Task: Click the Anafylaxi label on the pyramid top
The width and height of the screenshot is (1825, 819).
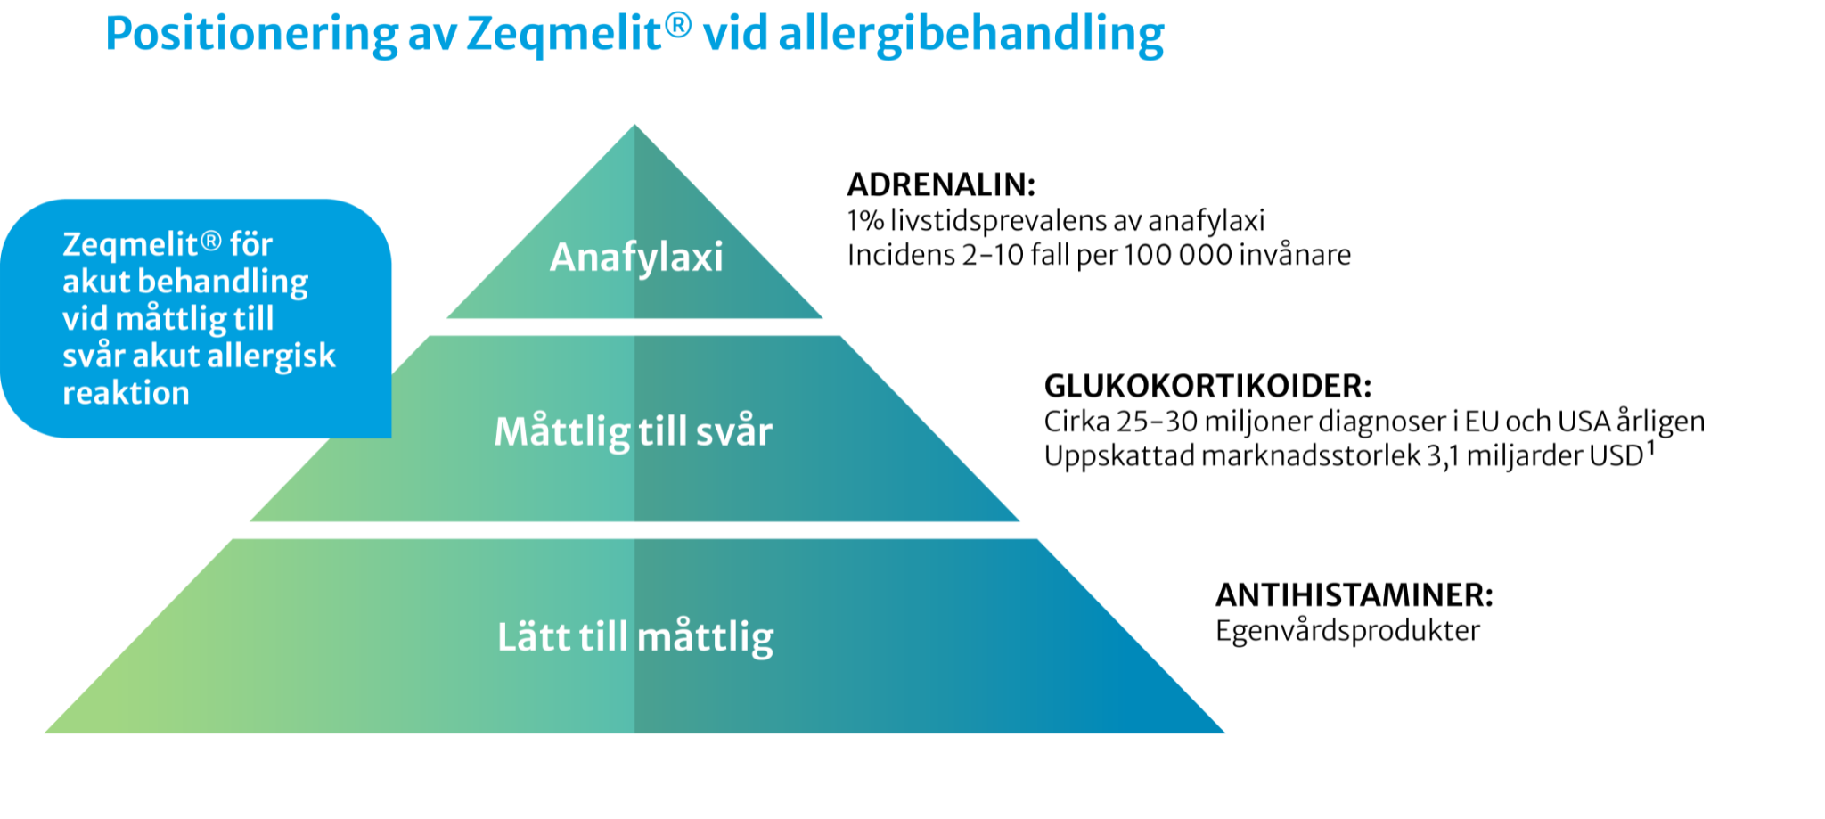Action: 636,258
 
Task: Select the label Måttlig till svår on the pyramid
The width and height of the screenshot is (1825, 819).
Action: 633,431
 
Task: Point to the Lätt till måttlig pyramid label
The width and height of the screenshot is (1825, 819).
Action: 634,637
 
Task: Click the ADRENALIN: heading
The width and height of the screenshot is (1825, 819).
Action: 941,184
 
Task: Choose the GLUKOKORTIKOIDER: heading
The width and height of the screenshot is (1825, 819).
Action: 1207,386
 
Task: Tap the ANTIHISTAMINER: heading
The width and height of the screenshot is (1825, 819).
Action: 1354,594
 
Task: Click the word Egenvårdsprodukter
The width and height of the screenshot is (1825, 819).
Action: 1347,631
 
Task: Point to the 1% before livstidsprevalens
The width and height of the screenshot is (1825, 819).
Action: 864,220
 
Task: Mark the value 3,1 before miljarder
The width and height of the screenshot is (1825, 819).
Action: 1443,456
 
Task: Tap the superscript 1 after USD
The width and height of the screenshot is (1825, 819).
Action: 1651,447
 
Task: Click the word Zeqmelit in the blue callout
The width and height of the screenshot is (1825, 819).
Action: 130,244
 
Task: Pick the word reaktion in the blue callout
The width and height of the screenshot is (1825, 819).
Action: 126,393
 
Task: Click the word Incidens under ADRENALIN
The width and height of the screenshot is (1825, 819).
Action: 901,255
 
